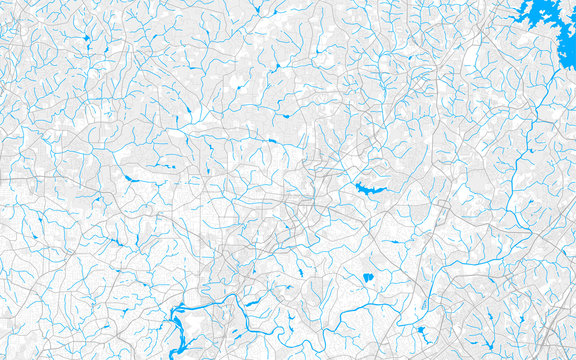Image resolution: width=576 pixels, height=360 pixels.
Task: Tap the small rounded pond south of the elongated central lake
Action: tap(368, 277)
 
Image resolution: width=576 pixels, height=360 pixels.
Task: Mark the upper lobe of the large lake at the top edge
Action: tap(530, 8)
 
